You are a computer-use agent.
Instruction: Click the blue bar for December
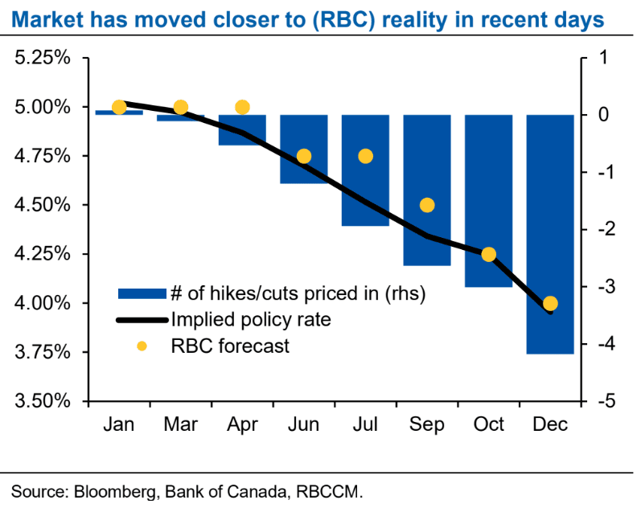550,234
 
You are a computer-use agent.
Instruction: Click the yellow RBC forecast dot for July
365,156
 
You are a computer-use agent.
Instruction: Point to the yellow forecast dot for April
242,107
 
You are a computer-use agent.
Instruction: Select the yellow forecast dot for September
427,205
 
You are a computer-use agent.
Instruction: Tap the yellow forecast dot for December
550,303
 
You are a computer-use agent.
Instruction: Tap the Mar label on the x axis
180,424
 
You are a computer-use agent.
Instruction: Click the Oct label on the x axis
488,424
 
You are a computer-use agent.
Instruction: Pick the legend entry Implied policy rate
249,320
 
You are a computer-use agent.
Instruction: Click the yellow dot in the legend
142,346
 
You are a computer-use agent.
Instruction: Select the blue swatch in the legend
142,293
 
